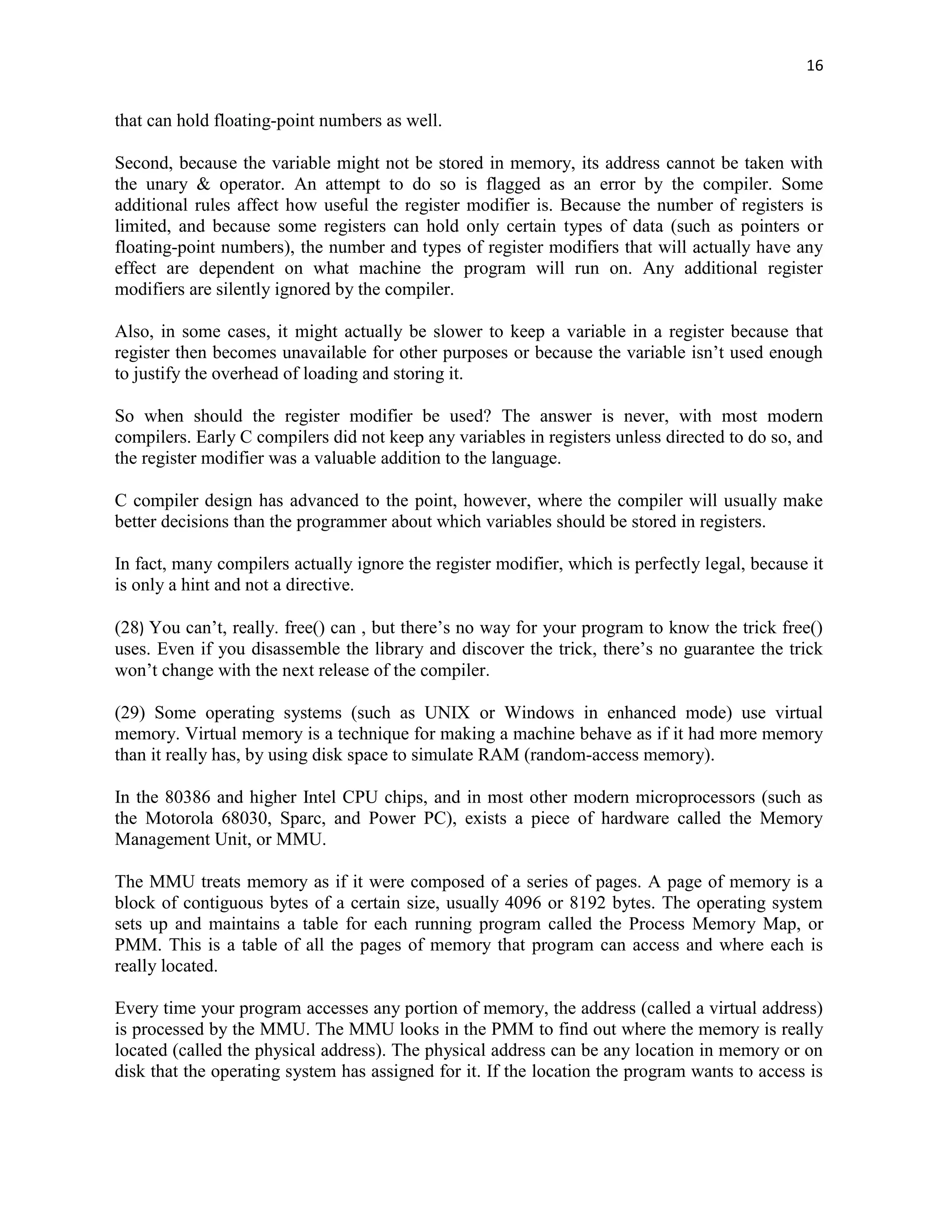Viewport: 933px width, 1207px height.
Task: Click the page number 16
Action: (x=815, y=66)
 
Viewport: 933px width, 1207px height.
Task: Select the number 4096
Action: (x=523, y=903)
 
